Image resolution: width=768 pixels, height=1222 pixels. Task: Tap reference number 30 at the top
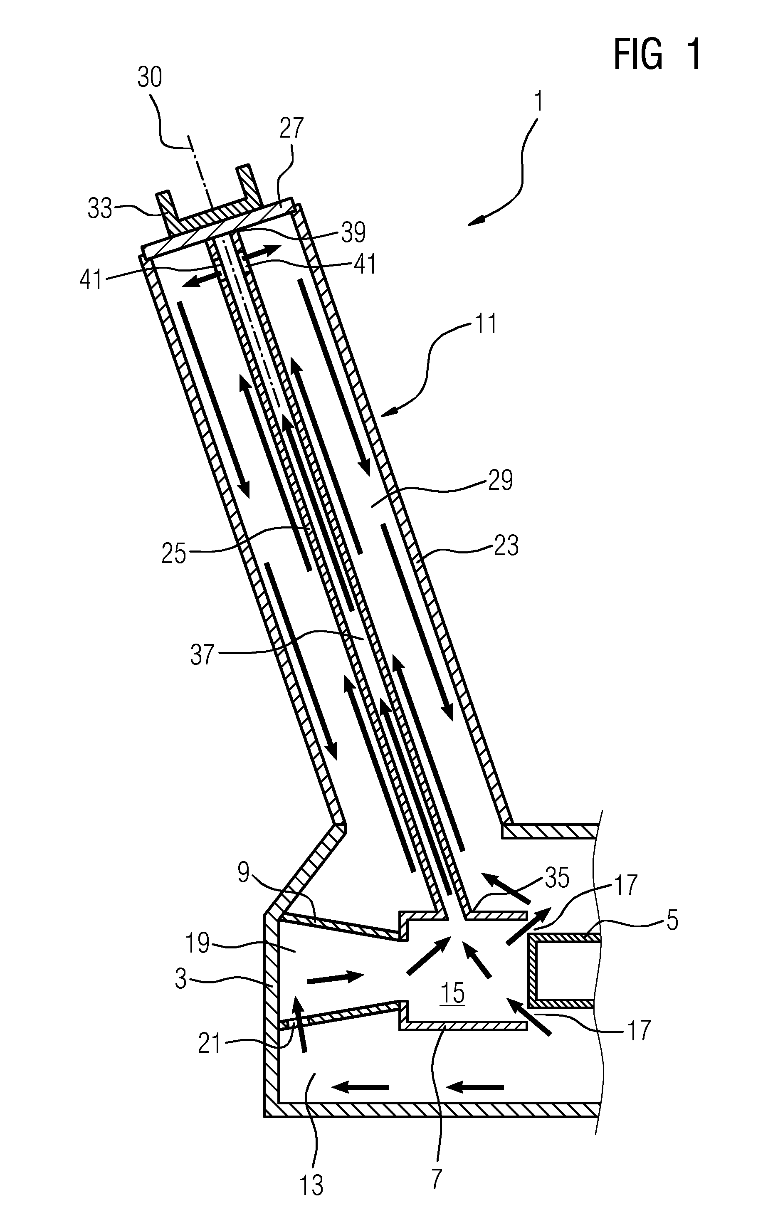(150, 78)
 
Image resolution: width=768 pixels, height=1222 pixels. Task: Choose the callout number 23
(506, 546)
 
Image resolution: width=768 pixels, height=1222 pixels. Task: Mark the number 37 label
(202, 654)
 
